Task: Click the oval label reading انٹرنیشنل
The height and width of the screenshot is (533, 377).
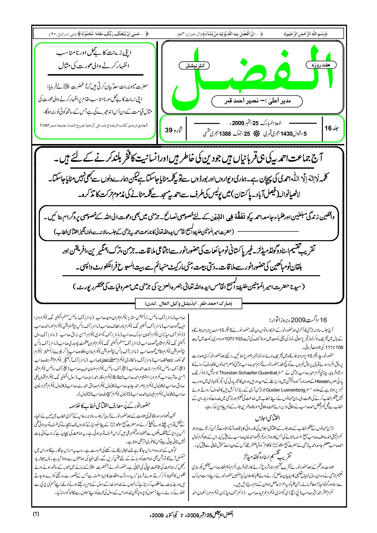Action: pyautogui.click(x=194, y=66)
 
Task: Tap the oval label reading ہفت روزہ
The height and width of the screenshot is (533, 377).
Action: pyautogui.click(x=321, y=65)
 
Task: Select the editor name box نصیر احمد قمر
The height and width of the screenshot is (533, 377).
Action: pyautogui.click(x=257, y=101)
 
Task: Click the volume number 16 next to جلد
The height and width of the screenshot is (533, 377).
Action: pyautogui.click(x=328, y=128)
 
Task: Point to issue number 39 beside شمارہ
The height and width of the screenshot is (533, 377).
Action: pyautogui.click(x=168, y=130)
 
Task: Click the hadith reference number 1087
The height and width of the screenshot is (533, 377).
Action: pyautogui.click(x=46, y=125)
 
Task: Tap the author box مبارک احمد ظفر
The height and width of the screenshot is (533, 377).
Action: pyautogui.click(x=189, y=303)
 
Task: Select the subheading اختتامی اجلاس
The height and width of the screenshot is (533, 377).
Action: pyautogui.click(x=267, y=418)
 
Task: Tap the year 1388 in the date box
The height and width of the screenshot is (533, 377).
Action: pyautogui.click(x=225, y=134)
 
